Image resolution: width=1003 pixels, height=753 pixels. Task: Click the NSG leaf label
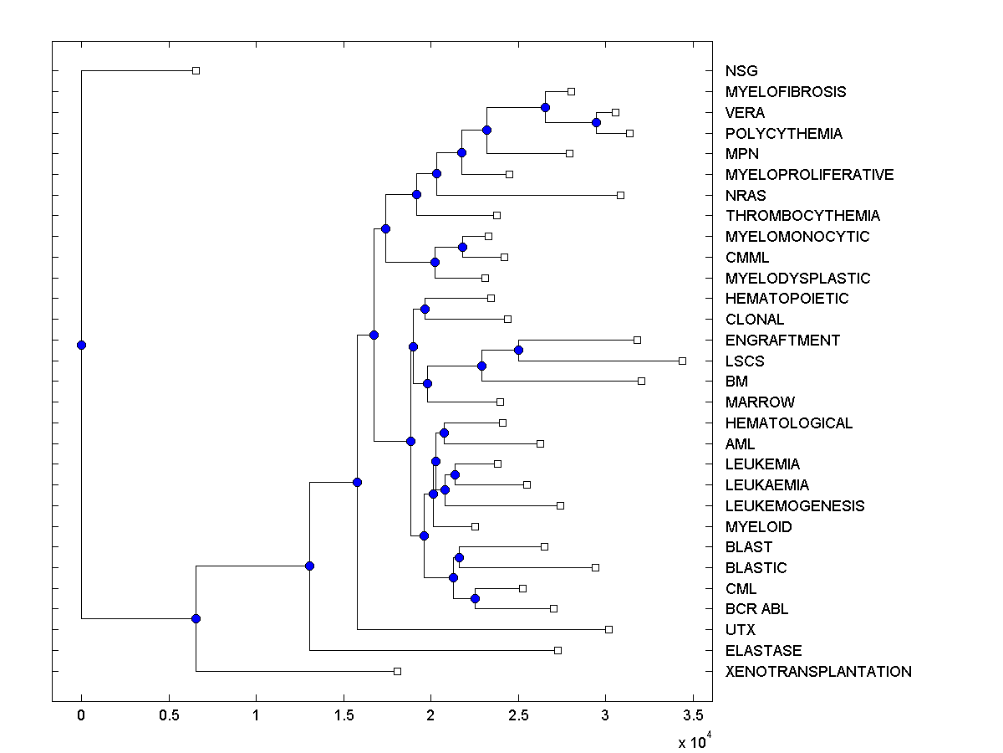(x=741, y=71)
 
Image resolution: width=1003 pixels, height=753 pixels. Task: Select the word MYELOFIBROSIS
(x=786, y=92)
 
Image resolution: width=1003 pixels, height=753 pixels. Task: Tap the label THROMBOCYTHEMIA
(x=802, y=216)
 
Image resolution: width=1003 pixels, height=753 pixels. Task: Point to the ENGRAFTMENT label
(x=782, y=341)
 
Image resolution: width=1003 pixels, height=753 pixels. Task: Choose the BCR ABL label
(x=756, y=609)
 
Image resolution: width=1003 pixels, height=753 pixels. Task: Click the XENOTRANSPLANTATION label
(x=818, y=672)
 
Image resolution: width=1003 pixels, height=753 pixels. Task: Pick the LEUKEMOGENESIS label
(x=795, y=506)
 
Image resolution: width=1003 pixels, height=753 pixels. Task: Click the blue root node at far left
(x=81, y=345)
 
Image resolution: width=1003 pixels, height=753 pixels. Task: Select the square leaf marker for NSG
(x=196, y=71)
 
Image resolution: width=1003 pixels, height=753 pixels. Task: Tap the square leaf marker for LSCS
(x=682, y=361)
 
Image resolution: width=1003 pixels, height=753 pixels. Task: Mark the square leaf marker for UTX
(x=608, y=629)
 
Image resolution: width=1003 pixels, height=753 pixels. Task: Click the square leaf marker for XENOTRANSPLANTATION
(x=397, y=671)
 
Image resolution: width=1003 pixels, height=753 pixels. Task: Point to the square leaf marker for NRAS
(x=620, y=195)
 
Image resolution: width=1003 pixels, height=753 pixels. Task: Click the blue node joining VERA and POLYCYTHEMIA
(x=596, y=122)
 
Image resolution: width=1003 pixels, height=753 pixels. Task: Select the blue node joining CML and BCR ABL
(x=475, y=598)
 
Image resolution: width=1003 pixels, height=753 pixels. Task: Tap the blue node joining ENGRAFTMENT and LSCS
(x=518, y=350)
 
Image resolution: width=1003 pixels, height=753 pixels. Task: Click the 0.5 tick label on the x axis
(x=169, y=715)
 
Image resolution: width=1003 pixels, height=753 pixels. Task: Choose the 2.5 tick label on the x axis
(x=518, y=715)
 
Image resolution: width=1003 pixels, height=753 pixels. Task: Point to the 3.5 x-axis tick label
(x=693, y=715)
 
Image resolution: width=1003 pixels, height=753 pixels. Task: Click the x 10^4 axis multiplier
(x=693, y=741)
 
